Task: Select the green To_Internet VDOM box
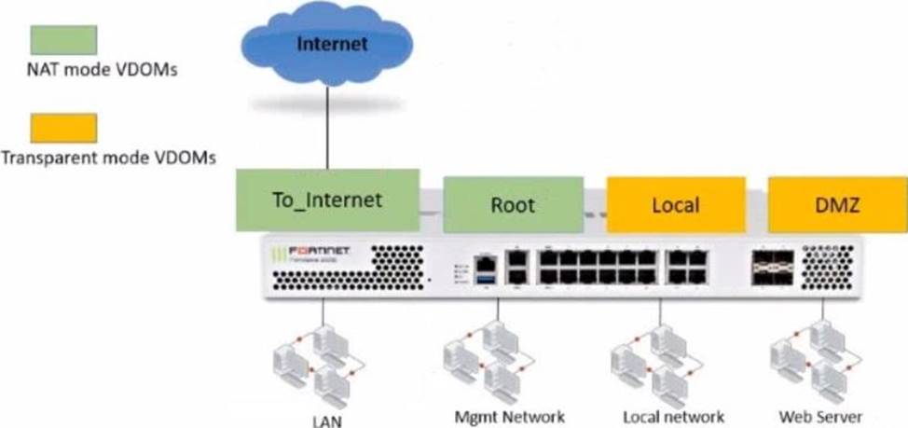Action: tap(326, 199)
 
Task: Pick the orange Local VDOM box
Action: tap(675, 205)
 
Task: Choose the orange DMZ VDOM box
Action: tap(835, 205)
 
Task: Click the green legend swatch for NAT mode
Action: tap(64, 40)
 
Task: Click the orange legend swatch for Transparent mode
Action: tap(64, 128)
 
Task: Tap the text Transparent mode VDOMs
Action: tap(108, 158)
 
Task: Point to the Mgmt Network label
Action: tap(509, 416)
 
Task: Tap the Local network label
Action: tap(672, 416)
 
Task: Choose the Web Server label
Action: tap(821, 416)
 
